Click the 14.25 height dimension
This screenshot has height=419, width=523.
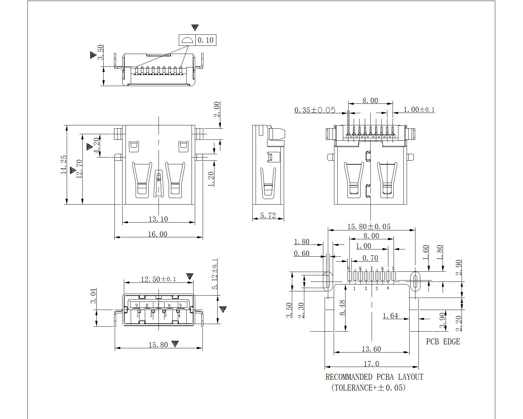click(64, 165)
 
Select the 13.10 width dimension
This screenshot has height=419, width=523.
click(158, 219)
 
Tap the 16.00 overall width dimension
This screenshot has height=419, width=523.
click(158, 234)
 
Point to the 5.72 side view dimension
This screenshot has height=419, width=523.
click(268, 215)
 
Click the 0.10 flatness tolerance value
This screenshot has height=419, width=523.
click(206, 40)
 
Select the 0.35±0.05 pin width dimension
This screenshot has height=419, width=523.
click(315, 110)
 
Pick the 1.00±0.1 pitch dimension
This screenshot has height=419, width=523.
click(419, 110)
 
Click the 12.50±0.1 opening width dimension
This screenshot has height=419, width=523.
click(158, 279)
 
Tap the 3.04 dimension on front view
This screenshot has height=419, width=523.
click(93, 296)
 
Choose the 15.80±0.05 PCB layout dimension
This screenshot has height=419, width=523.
click(369, 227)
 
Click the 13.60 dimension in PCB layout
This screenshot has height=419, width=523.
click(371, 349)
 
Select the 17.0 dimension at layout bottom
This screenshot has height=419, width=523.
click(371, 364)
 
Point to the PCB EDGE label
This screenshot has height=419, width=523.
click(443, 342)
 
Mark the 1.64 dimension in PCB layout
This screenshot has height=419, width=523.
click(390, 316)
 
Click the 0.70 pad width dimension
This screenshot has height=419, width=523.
click(370, 258)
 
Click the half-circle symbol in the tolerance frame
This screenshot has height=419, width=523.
click(187, 40)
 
